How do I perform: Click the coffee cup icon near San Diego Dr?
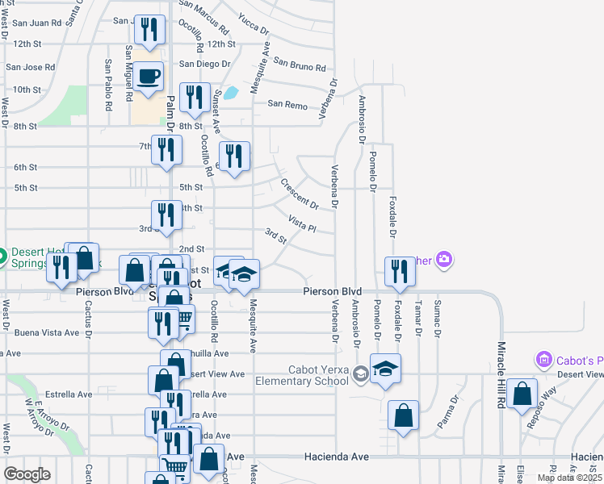pyautogui.click(x=149, y=77)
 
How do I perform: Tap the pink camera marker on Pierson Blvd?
pyautogui.click(x=443, y=260)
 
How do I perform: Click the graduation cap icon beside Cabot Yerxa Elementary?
pyautogui.click(x=386, y=369)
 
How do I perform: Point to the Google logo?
pyautogui.click(x=27, y=474)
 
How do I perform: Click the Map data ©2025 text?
pyautogui.click(x=569, y=478)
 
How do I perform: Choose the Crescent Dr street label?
pyautogui.click(x=300, y=194)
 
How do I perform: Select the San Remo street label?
pyautogui.click(x=287, y=104)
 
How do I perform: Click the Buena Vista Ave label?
pyautogui.click(x=47, y=332)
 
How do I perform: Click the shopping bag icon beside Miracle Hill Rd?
pyautogui.click(x=523, y=395)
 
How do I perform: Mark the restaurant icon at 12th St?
pyautogui.click(x=149, y=30)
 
